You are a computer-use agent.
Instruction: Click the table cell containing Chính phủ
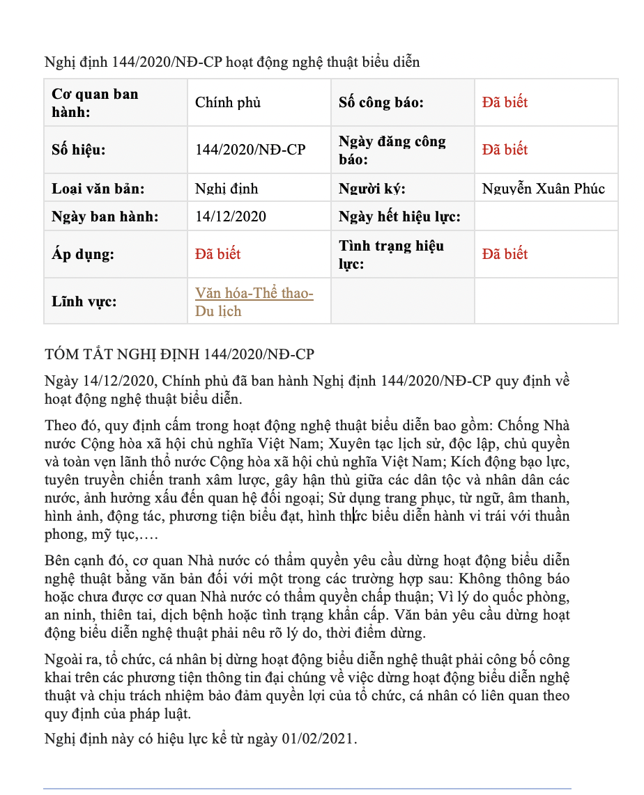point(228,102)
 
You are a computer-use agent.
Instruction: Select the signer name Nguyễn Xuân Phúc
point(544,189)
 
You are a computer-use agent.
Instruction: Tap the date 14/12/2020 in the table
point(231,217)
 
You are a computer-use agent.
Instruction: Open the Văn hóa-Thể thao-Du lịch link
point(254,302)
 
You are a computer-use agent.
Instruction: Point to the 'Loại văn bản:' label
point(98,189)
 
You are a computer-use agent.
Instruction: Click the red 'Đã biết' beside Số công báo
point(505,102)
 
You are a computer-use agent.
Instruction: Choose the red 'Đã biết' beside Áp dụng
point(218,254)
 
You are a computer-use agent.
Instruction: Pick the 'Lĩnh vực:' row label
point(84,301)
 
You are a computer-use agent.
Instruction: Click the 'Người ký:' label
point(372,189)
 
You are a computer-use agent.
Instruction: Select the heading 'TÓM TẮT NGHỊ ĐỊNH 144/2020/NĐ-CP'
point(179,354)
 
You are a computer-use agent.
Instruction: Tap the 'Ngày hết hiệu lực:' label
point(399,217)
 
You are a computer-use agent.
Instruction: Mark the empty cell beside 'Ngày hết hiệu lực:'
point(546,217)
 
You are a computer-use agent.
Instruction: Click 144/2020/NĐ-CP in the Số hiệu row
point(250,150)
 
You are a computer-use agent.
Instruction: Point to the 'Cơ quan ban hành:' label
point(95,102)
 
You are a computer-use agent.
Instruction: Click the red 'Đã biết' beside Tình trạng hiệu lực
point(505,254)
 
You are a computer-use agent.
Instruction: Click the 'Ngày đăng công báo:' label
point(392,150)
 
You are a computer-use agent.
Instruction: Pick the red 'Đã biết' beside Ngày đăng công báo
point(505,150)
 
